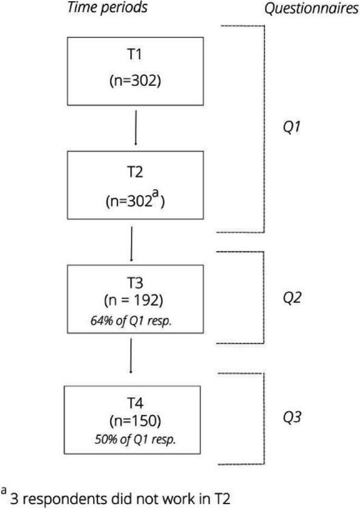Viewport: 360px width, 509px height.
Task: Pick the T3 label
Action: tap(134, 283)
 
